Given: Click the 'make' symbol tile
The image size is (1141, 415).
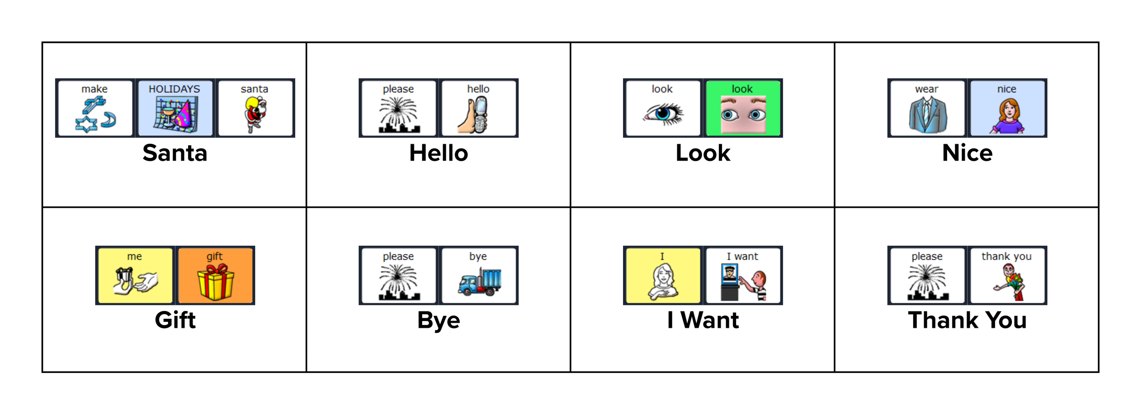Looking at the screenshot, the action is [x=95, y=108].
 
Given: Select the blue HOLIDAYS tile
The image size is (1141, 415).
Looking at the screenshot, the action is [x=175, y=108].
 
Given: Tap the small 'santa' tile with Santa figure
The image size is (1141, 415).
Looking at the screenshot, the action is [x=255, y=108].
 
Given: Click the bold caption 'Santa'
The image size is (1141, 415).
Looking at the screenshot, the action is [x=175, y=153].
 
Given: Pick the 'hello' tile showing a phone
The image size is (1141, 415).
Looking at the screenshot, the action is [x=478, y=108].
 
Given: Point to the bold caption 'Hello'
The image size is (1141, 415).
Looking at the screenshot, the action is [x=439, y=153].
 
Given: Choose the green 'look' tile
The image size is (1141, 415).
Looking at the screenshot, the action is [x=743, y=108].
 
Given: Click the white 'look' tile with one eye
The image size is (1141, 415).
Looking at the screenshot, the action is [x=663, y=108].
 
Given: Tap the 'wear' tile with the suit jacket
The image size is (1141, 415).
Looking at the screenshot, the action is [x=927, y=108].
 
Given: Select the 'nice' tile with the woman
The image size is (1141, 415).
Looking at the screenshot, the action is [x=1007, y=108].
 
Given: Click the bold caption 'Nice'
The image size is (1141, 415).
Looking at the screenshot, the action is [x=967, y=153].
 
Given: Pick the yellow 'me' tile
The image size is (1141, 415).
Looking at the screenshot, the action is [x=135, y=275].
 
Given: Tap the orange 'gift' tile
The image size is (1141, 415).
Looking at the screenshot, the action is [x=215, y=275].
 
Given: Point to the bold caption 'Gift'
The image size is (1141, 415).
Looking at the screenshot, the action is [x=175, y=320].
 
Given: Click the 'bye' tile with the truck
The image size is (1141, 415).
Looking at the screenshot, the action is [x=478, y=275].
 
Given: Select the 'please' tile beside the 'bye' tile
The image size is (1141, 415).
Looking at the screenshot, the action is [x=398, y=275].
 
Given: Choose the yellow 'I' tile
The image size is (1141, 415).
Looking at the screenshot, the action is [x=663, y=275].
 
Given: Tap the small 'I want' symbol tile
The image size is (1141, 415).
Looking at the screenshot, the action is [x=743, y=275].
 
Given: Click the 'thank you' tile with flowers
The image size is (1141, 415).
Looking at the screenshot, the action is [x=1007, y=275].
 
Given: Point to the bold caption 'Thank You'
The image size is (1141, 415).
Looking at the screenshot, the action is [x=967, y=320].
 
